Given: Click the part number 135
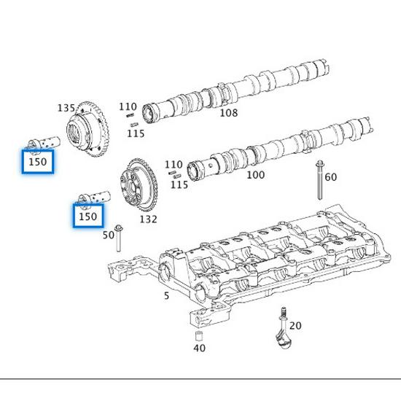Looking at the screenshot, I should tap(66, 108).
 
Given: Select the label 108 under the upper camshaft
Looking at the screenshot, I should tap(228, 113).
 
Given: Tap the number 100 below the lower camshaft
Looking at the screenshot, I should tap(255, 175).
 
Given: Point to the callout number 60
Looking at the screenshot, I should tap(330, 177).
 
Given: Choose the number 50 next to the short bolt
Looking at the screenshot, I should tap(108, 235).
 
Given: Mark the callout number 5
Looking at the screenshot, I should tap(166, 295).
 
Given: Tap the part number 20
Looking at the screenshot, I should tap(295, 325).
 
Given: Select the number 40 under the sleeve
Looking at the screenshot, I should tap(199, 349).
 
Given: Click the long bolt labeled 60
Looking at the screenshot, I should tap(319, 182).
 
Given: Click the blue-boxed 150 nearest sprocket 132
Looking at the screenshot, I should tap(87, 217).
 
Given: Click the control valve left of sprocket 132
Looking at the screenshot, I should tap(95, 197).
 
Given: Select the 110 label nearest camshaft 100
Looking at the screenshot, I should tap(174, 165).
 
